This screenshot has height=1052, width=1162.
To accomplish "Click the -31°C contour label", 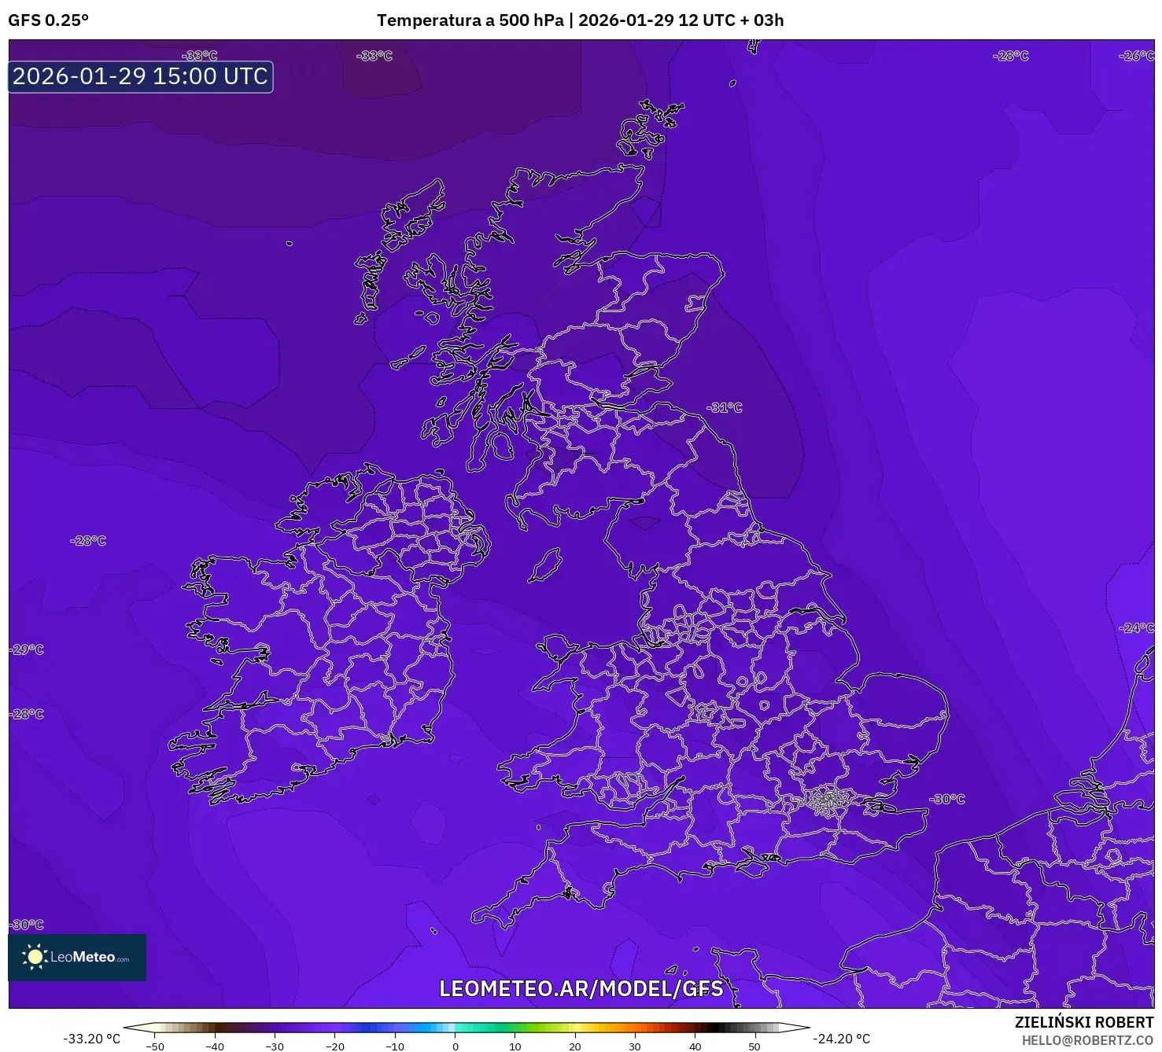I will (725, 407).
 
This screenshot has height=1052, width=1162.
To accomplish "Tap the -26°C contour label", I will (1136, 56).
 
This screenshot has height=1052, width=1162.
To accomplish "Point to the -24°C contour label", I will (1136, 627).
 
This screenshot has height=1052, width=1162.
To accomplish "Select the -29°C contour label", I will (28, 649).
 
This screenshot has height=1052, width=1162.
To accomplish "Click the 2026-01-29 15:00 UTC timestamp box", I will (141, 77).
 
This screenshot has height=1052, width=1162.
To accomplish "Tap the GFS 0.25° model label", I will (49, 20).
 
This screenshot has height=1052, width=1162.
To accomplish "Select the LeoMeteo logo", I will (77, 957).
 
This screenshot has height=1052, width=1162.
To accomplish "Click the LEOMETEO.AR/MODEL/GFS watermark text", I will (581, 988).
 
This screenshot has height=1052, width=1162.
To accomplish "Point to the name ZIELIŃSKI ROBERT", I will (1083, 1022).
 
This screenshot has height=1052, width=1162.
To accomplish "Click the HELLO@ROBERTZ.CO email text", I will (1087, 1040).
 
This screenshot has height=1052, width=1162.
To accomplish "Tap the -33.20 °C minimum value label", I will (91, 1039).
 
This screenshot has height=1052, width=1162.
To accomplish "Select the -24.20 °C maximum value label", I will (842, 1039).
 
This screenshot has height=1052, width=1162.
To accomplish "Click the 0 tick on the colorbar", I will (455, 1046).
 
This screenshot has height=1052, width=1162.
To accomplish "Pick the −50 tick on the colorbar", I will (155, 1046).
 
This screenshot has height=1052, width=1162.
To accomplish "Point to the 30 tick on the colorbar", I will (635, 1046).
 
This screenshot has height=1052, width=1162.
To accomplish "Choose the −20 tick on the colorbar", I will (335, 1046).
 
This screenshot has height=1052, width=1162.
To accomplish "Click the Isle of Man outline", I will (544, 565).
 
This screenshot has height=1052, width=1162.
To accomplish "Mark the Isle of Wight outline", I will (751, 866).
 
